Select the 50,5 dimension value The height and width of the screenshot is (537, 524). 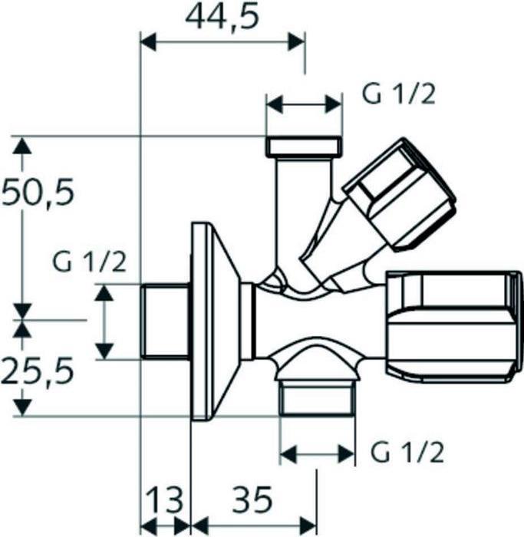[x=38, y=192]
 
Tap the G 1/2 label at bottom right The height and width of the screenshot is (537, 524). [x=407, y=453]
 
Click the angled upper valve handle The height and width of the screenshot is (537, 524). [x=399, y=194]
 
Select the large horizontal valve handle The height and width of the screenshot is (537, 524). [x=453, y=326]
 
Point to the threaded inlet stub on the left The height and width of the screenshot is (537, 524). [x=166, y=321]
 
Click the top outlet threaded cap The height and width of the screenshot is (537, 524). [x=303, y=146]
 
